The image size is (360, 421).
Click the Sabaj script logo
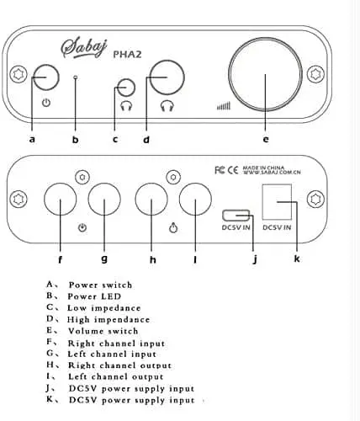[x=84, y=48]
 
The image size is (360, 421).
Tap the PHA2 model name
[x=127, y=54]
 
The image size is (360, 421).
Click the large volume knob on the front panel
[x=265, y=74]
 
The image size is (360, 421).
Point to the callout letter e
[x=266, y=139]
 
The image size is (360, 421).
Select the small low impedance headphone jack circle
[x=126, y=88]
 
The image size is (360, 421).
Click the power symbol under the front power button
[x=46, y=103]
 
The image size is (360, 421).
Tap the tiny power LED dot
[x=75, y=77]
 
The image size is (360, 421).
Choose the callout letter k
[x=297, y=258]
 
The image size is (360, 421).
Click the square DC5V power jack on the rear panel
[x=277, y=201]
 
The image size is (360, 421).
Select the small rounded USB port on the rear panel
[x=236, y=215]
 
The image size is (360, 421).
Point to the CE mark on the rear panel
[x=232, y=170]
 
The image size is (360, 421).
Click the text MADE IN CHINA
[x=263, y=168]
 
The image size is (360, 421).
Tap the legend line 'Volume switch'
[x=103, y=331]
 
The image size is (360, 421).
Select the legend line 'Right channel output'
[x=119, y=365]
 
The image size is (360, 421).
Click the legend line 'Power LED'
[x=94, y=296]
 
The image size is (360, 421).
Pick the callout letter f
[x=60, y=259]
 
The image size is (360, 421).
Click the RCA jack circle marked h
[x=151, y=200]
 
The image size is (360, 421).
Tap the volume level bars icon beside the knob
[x=224, y=106]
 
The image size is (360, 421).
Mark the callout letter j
[x=255, y=258]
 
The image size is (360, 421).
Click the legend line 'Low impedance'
[x=104, y=308]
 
